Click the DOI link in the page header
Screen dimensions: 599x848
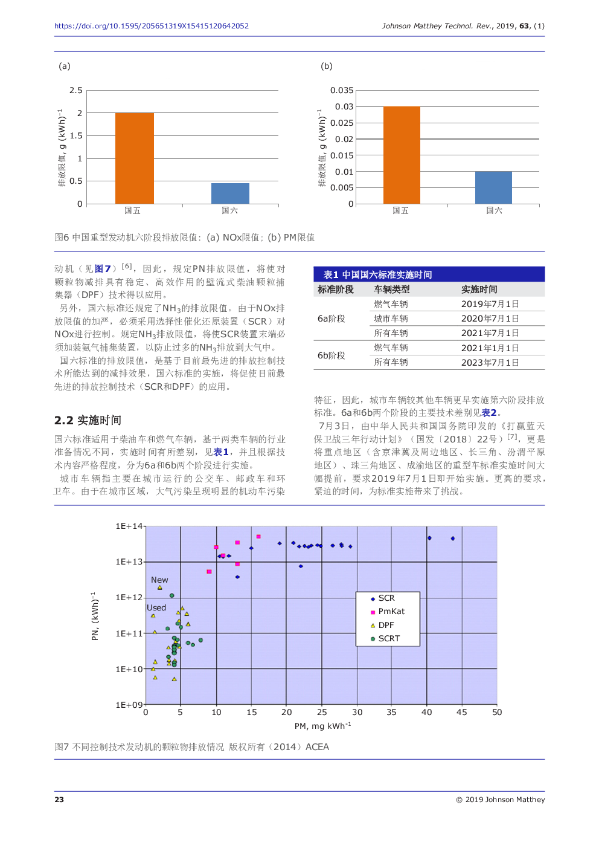coord(152,26)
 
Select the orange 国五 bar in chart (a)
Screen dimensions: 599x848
coord(135,158)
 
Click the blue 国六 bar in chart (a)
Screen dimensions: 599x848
coord(230,193)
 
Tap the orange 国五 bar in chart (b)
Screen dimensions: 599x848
coord(402,155)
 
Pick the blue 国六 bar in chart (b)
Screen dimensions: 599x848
coord(493,188)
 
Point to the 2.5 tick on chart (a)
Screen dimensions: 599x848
coord(75,90)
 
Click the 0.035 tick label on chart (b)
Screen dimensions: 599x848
coord(342,90)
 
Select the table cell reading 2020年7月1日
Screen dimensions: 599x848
coord(490,319)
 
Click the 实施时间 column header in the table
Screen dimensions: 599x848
coord(479,290)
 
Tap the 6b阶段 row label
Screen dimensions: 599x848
coord(332,355)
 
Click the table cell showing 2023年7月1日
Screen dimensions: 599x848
coord(490,362)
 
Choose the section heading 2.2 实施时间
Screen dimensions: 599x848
coord(88,420)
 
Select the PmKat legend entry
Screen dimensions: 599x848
coord(387,612)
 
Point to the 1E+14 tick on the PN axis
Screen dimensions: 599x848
coord(129,526)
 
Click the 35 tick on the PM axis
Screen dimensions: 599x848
coord(391,712)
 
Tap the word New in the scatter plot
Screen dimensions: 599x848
coord(159,580)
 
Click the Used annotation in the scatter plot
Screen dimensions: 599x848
coord(156,607)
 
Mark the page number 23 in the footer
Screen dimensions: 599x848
coord(59,799)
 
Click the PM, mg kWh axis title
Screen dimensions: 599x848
coord(322,726)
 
